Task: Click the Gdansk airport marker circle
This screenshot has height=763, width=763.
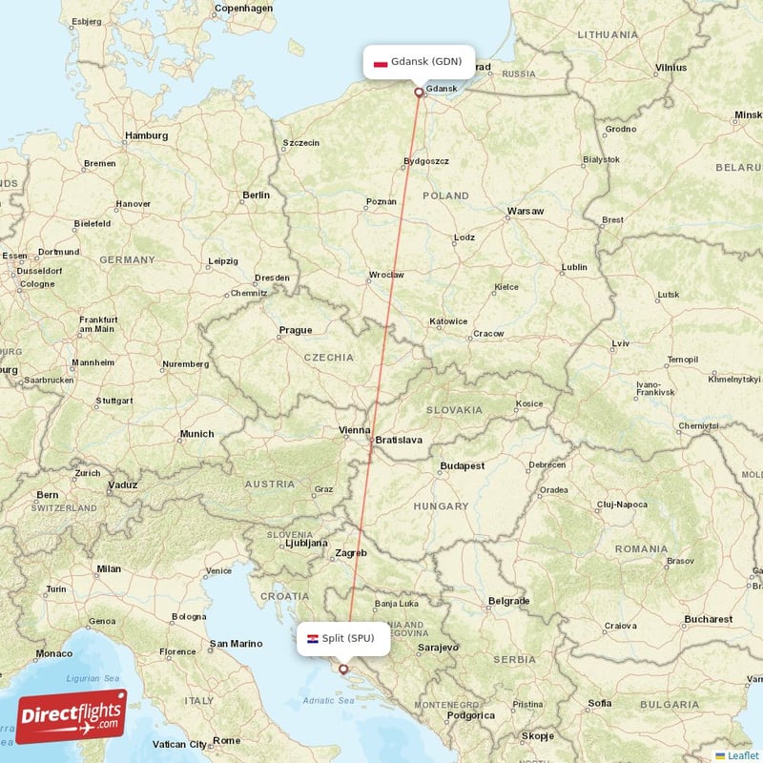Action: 419,93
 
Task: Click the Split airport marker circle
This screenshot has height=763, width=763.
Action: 343,670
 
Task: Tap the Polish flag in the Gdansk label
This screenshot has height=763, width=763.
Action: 381,62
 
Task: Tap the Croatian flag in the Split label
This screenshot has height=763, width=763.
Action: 312,638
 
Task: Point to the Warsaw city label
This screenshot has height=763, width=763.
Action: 526,211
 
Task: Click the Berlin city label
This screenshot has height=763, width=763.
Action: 256,195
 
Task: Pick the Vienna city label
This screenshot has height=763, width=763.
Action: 354,431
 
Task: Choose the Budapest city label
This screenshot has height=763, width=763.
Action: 463,466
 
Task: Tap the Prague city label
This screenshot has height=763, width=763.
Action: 295,330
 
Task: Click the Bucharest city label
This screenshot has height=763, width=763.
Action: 708,619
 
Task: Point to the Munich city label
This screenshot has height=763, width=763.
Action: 196,434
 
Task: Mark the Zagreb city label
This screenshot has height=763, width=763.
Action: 350,553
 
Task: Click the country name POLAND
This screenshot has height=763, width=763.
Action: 445,196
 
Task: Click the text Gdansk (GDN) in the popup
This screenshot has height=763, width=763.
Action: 426,62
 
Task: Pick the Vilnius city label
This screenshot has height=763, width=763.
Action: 670,68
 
